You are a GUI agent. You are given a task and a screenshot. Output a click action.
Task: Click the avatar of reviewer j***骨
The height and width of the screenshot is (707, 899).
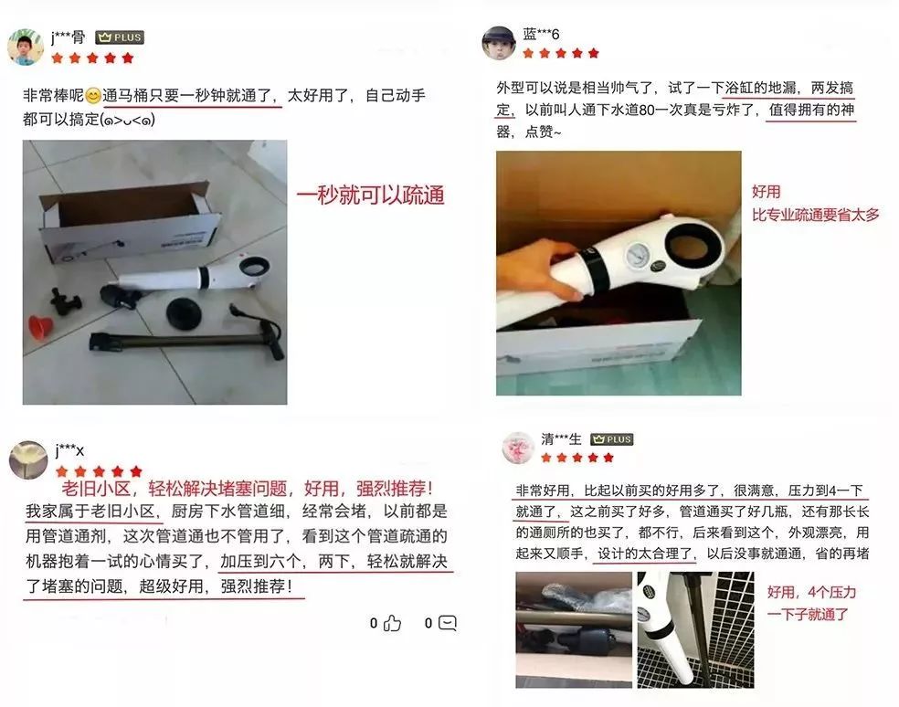click(26, 47)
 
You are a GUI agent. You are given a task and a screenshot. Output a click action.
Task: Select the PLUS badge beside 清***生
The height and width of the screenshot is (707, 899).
click(611, 439)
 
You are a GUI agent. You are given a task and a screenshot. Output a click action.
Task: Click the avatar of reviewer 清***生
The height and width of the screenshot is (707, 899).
click(517, 447)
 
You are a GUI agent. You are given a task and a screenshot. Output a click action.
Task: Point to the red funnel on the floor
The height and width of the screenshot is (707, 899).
click(42, 326)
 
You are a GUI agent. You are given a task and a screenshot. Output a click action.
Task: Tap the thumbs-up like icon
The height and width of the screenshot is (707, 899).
click(392, 623)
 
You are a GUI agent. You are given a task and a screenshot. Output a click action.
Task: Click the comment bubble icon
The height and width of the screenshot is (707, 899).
click(447, 623)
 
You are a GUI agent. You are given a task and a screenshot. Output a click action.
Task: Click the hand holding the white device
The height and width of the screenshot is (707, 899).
click(541, 269)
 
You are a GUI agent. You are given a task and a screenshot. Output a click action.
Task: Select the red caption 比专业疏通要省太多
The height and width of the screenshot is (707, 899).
click(815, 215)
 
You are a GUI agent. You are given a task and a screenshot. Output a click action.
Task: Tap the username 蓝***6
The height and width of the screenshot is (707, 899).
click(541, 35)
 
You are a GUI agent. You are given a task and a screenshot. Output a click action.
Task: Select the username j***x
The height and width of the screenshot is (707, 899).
click(69, 449)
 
